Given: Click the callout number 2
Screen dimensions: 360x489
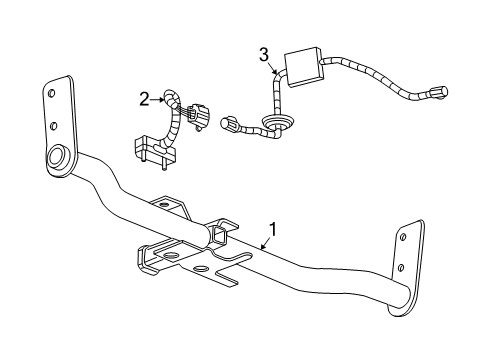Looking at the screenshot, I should click(x=144, y=98).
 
